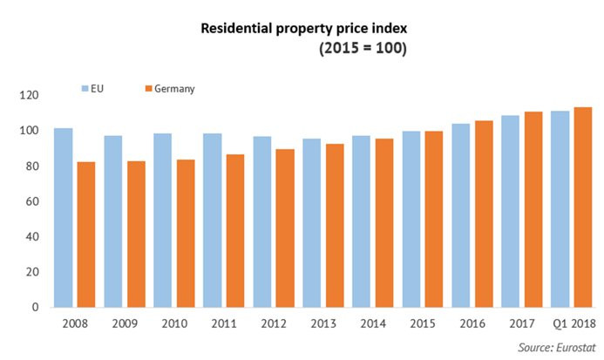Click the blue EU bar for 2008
tap(63, 217)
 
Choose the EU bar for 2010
tap(163, 220)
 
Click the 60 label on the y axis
tap(31, 201)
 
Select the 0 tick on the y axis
tap(35, 307)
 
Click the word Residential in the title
tap(235, 28)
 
